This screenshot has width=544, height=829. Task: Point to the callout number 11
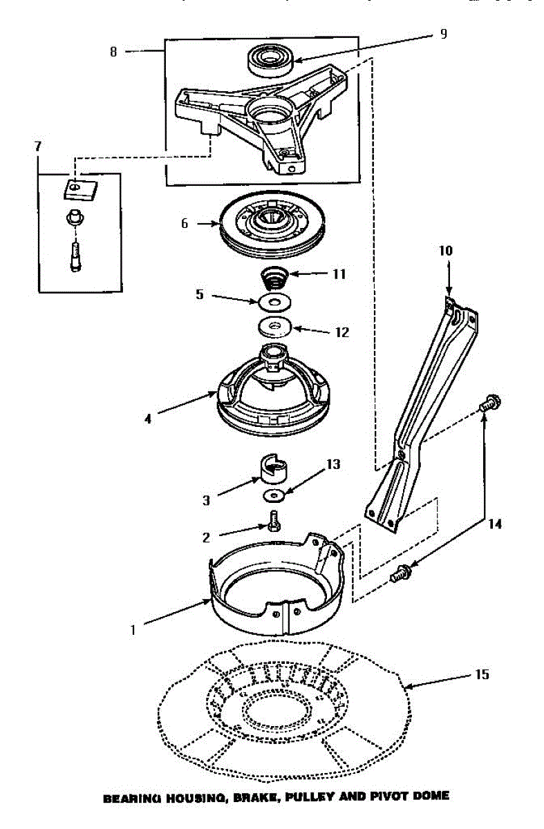coord(339,274)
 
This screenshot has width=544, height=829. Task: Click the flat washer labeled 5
coord(275,302)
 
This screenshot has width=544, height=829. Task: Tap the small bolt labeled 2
coord(274,520)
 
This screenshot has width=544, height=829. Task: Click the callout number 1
coord(133,629)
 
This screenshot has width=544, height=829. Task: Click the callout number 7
coord(37,146)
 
